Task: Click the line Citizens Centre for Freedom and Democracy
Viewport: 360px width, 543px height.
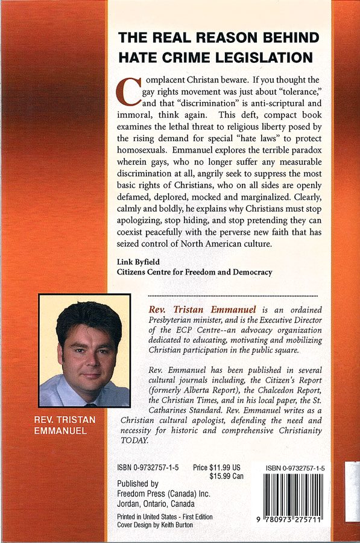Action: click(194, 272)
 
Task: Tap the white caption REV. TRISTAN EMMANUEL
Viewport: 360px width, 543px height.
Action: click(73, 425)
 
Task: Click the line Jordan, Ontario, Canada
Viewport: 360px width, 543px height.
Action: click(156, 504)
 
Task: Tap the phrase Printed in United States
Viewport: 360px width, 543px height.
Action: click(149, 517)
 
